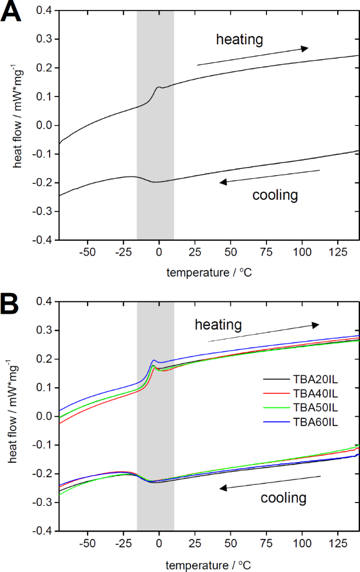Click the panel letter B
click(12, 304)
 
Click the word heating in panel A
click(240, 40)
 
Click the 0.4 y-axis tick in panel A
click(43, 11)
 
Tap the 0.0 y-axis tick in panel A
click(43, 125)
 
